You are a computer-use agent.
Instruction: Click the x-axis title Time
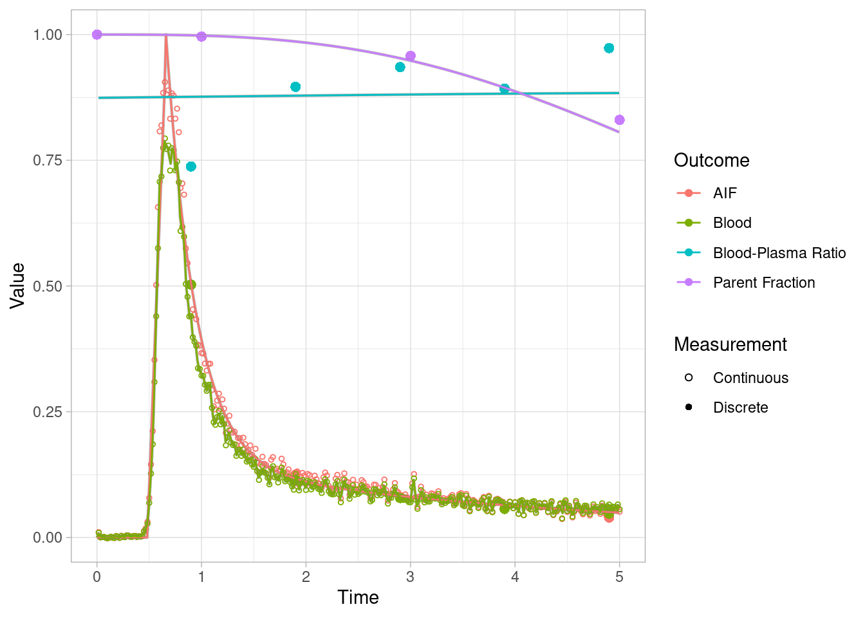358,597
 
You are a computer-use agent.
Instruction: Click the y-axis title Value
17,285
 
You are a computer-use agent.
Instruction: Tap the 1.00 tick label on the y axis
48,35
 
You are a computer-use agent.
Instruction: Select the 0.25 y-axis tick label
48,411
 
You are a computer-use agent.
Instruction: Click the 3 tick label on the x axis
410,577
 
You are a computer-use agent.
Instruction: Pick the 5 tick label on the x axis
619,577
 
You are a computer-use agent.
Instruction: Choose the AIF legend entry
724,193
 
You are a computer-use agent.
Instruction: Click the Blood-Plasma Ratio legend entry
779,253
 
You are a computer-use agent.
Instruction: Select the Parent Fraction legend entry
763,283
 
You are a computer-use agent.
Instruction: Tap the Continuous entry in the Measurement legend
750,378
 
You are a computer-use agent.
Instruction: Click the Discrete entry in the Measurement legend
740,407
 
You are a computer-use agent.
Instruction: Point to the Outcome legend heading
711,160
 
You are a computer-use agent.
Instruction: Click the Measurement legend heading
730,344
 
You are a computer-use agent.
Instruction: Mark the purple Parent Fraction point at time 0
97,35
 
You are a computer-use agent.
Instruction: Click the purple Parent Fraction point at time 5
619,120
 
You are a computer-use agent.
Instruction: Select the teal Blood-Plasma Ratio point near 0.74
191,167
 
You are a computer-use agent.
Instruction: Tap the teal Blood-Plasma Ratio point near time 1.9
295,87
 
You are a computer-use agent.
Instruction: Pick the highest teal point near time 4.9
609,48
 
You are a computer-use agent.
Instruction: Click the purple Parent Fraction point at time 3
411,56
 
